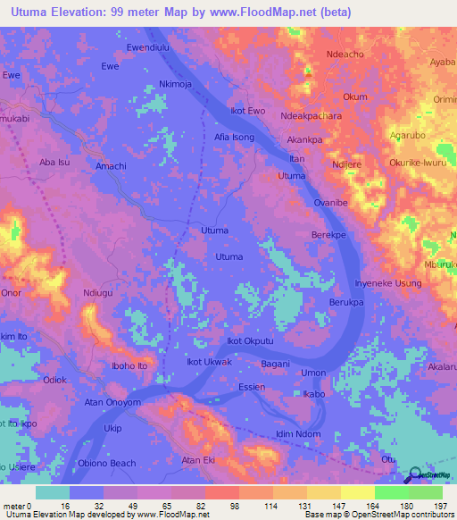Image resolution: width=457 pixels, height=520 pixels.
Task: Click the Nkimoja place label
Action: tap(176, 84)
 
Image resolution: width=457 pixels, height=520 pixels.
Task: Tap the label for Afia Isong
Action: tap(235, 138)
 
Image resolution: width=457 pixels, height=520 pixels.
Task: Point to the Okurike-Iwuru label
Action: tap(416, 164)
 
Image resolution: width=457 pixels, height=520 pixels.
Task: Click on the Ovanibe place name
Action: tap(331, 203)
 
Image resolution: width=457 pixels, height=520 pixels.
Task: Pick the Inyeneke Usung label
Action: tap(388, 283)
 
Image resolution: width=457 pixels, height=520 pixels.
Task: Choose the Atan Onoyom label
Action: tap(112, 403)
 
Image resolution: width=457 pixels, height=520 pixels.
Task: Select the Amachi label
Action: tap(111, 166)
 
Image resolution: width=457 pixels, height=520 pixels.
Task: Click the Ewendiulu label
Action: tap(148, 46)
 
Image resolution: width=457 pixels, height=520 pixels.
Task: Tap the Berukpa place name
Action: tap(346, 304)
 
